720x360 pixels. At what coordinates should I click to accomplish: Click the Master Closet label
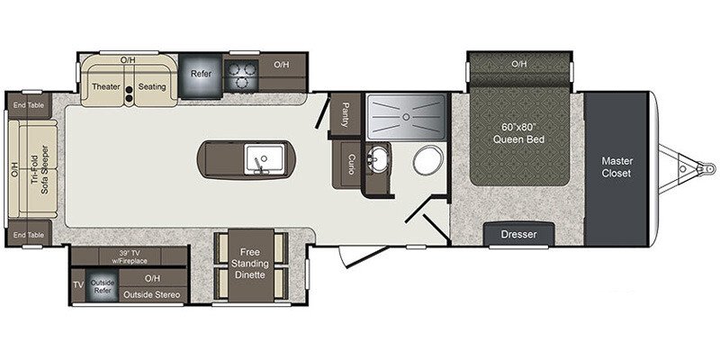click(x=616, y=166)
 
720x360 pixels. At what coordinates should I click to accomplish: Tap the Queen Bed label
click(x=517, y=133)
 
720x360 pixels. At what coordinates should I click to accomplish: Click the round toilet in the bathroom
click(x=426, y=163)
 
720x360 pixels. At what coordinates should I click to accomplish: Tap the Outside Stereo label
click(x=151, y=295)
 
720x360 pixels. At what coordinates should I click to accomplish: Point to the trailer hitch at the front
click(x=694, y=166)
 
